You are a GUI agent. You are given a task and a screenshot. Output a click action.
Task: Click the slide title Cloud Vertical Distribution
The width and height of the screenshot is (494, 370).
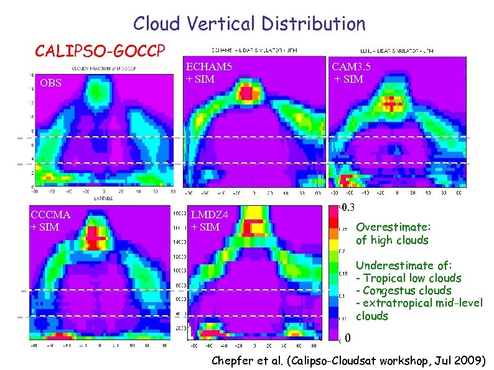(249, 24)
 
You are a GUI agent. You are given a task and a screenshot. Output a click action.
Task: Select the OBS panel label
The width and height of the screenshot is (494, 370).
(50, 82)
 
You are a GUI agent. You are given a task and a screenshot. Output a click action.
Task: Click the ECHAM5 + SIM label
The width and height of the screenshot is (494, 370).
(209, 72)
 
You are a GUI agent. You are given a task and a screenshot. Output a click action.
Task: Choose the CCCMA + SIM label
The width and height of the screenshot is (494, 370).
(50, 221)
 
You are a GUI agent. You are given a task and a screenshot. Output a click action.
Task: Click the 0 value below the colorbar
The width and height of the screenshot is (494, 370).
(348, 339)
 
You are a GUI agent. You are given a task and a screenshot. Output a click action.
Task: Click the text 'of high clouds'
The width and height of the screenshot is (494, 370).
(392, 240)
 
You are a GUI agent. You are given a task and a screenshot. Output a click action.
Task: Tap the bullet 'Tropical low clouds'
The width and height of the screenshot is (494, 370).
(411, 278)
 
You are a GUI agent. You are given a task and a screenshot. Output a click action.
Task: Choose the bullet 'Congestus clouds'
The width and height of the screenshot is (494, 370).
(406, 291)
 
